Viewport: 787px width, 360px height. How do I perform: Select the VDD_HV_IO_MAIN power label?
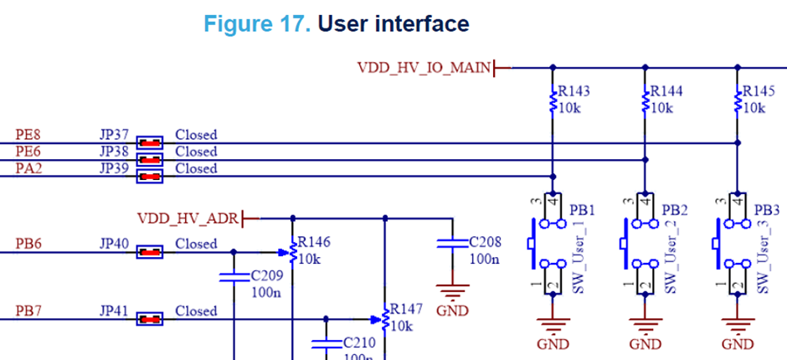423,68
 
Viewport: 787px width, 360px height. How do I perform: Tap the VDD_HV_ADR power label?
188,219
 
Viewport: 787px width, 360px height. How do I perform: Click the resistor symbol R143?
553,102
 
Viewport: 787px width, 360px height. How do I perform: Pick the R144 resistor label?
666,90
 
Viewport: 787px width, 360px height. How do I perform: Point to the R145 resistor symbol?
738,102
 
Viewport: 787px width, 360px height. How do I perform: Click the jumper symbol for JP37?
150,141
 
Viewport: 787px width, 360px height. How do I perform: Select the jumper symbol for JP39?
150,176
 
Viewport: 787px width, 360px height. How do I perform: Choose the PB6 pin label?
29,244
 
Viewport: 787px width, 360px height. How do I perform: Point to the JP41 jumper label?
114,311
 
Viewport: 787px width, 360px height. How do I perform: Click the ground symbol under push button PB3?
738,328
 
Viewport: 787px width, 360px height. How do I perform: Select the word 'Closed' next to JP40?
196,244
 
